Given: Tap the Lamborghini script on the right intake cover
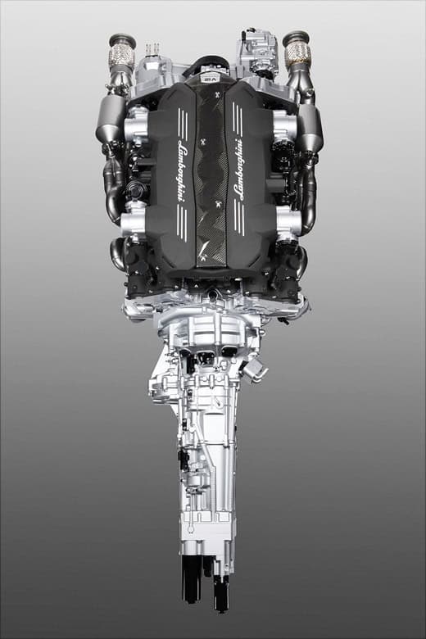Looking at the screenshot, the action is click(238, 170).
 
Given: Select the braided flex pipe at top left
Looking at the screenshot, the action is click(122, 57).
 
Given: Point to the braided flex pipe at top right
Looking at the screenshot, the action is click(297, 54).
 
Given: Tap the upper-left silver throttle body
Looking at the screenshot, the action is click(137, 125).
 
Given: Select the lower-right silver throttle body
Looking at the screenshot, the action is click(288, 221).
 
